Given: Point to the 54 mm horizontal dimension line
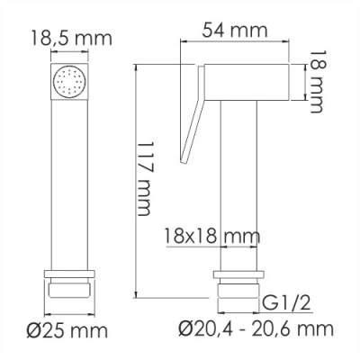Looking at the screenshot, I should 236,42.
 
